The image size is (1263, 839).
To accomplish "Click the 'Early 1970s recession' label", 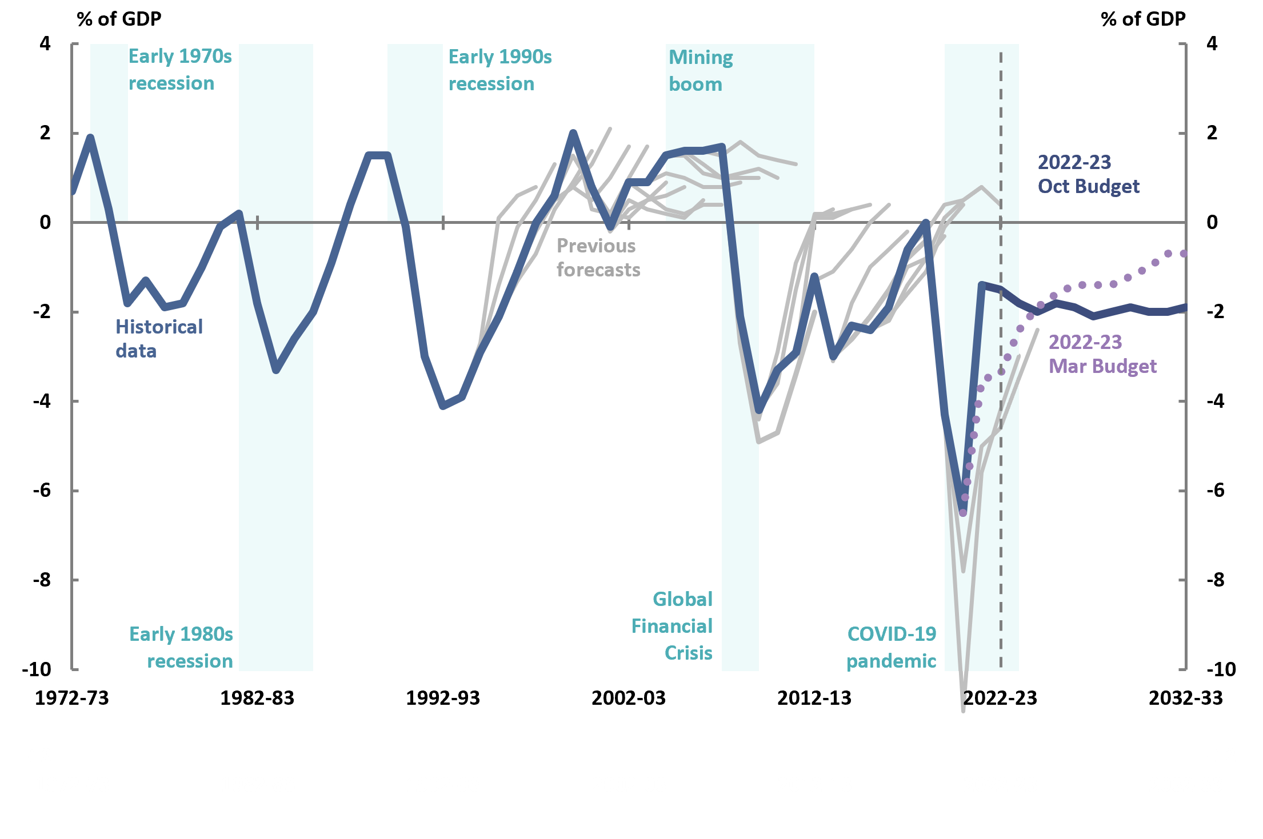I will click(179, 70).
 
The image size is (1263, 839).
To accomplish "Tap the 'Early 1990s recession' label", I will click(499, 70).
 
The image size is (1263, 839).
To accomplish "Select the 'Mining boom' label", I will click(700, 71).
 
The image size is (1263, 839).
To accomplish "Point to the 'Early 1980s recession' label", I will click(181, 647).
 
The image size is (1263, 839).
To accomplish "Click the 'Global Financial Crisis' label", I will click(672, 626).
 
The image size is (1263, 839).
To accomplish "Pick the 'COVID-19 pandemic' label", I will click(891, 647).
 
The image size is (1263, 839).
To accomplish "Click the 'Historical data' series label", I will click(159, 339).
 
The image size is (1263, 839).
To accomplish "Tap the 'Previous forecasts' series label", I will click(598, 258).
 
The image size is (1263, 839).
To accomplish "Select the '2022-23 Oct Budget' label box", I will click(1102, 173).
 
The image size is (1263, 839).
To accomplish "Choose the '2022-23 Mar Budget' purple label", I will click(1102, 354).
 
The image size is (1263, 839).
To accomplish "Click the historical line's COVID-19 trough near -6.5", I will click(963, 510).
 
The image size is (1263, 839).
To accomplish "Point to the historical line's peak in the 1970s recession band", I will click(90, 137).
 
